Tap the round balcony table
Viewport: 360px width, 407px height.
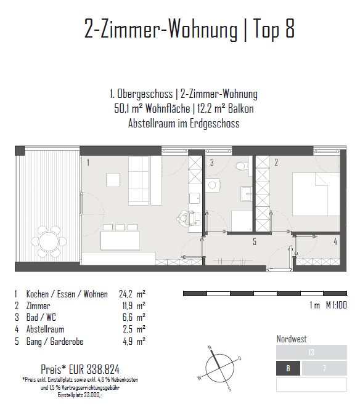tap(49, 241)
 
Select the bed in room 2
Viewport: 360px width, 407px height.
tap(316, 194)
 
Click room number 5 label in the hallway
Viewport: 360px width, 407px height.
tap(255, 241)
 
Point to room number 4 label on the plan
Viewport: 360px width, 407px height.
tap(335, 241)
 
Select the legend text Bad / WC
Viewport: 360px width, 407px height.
tap(41, 317)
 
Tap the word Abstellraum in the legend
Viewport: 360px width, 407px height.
tap(45, 329)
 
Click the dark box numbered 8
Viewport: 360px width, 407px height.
tap(288, 368)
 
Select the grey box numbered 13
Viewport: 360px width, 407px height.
tap(311, 352)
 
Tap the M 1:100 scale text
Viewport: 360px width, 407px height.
tap(337, 305)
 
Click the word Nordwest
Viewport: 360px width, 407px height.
tap(292, 339)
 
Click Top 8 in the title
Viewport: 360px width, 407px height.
tap(274, 28)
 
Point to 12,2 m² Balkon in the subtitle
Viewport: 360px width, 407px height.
tap(226, 108)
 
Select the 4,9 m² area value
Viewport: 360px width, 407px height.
tap(134, 341)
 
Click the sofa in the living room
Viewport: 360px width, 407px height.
tap(139, 180)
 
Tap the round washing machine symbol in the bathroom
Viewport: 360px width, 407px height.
tap(212, 185)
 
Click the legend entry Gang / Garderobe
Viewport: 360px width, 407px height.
tap(55, 341)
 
